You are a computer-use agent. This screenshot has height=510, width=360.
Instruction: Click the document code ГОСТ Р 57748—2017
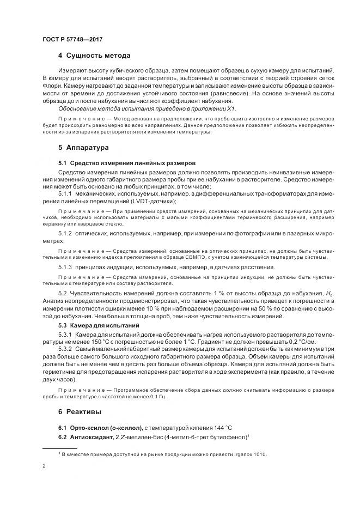72,39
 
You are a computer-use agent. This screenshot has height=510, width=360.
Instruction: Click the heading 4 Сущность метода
94,56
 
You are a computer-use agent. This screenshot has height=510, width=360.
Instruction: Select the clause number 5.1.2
65,233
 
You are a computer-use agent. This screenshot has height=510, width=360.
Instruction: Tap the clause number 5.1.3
65,267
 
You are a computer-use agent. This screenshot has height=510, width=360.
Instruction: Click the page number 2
44,466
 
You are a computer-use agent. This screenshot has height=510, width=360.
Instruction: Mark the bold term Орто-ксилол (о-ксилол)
102,427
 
